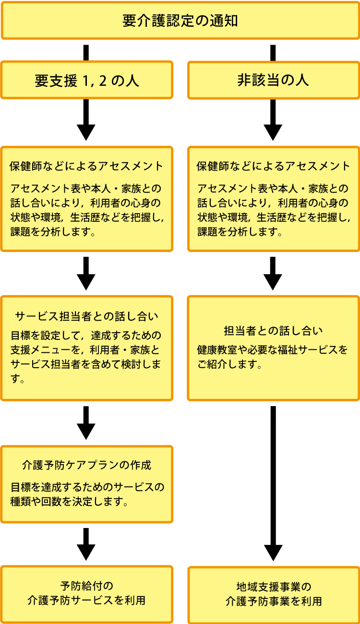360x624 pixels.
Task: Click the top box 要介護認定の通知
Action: pos(180,21)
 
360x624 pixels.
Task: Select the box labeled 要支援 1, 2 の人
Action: pos(86,80)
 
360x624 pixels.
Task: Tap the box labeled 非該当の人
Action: pos(273,80)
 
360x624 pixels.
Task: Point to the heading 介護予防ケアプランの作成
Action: pos(86,465)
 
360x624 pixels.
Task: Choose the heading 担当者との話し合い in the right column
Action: pos(273,331)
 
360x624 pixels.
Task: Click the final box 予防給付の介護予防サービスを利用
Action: pos(86,593)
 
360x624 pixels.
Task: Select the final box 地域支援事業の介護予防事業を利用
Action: pos(273,594)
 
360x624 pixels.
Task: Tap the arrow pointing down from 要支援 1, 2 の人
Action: pos(86,122)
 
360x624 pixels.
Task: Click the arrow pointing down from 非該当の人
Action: pos(273,122)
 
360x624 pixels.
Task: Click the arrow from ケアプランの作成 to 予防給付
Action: pos(86,545)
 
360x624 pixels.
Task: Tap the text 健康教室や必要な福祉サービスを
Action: pos(272,350)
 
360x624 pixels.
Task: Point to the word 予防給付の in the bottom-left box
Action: pos(86,586)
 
